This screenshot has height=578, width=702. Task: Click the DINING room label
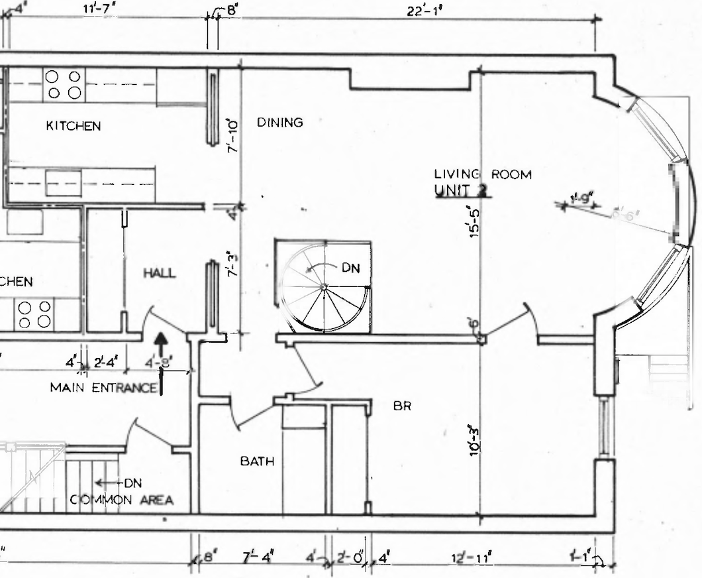[x=279, y=123]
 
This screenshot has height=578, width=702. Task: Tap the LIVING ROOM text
[x=482, y=174]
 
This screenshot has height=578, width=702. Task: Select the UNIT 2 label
[x=461, y=191]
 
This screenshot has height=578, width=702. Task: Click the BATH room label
[x=257, y=461]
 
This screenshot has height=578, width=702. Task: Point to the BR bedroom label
[x=402, y=406]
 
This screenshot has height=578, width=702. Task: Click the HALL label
[x=160, y=273]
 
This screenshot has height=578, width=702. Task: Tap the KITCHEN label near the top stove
[x=74, y=125]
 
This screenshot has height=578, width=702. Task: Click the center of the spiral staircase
[x=323, y=286]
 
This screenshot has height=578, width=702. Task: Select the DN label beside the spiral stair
[x=350, y=268]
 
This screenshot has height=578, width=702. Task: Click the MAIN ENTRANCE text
[x=103, y=388]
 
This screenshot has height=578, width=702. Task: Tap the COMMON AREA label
[x=121, y=500]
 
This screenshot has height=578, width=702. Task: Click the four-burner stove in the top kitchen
[x=64, y=86]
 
